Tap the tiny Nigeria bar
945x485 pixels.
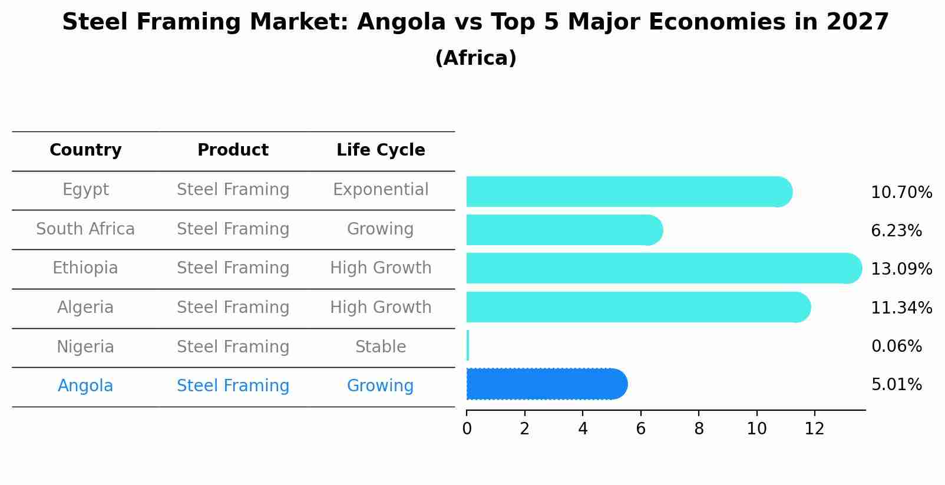click(x=468, y=345)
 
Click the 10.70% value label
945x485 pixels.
click(x=901, y=193)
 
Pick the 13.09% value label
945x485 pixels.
click(x=901, y=269)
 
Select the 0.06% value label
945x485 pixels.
click(x=896, y=347)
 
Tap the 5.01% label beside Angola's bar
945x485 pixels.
click(x=896, y=385)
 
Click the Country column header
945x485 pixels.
click(x=85, y=150)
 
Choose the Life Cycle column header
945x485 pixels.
click(x=381, y=150)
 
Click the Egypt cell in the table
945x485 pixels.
click(x=85, y=190)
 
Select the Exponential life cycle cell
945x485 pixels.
click(x=381, y=190)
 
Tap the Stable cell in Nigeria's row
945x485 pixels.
click(x=381, y=347)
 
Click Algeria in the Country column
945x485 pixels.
click(x=85, y=308)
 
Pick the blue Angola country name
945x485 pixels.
click(x=85, y=386)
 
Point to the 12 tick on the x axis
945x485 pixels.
click(x=814, y=429)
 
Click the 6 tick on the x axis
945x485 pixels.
click(x=640, y=429)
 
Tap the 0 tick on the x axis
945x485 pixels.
click(x=467, y=429)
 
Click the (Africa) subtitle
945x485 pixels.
click(x=475, y=58)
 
